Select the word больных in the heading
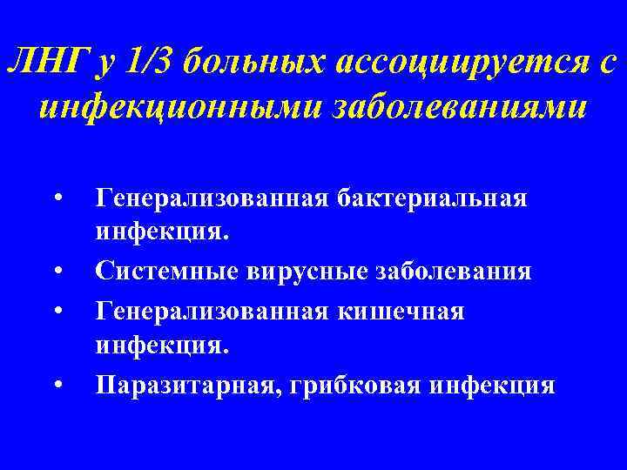click(253, 63)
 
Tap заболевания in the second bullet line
click(457, 272)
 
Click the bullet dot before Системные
click(57, 272)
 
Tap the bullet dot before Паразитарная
click(57, 384)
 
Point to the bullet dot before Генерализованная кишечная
click(57, 310)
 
